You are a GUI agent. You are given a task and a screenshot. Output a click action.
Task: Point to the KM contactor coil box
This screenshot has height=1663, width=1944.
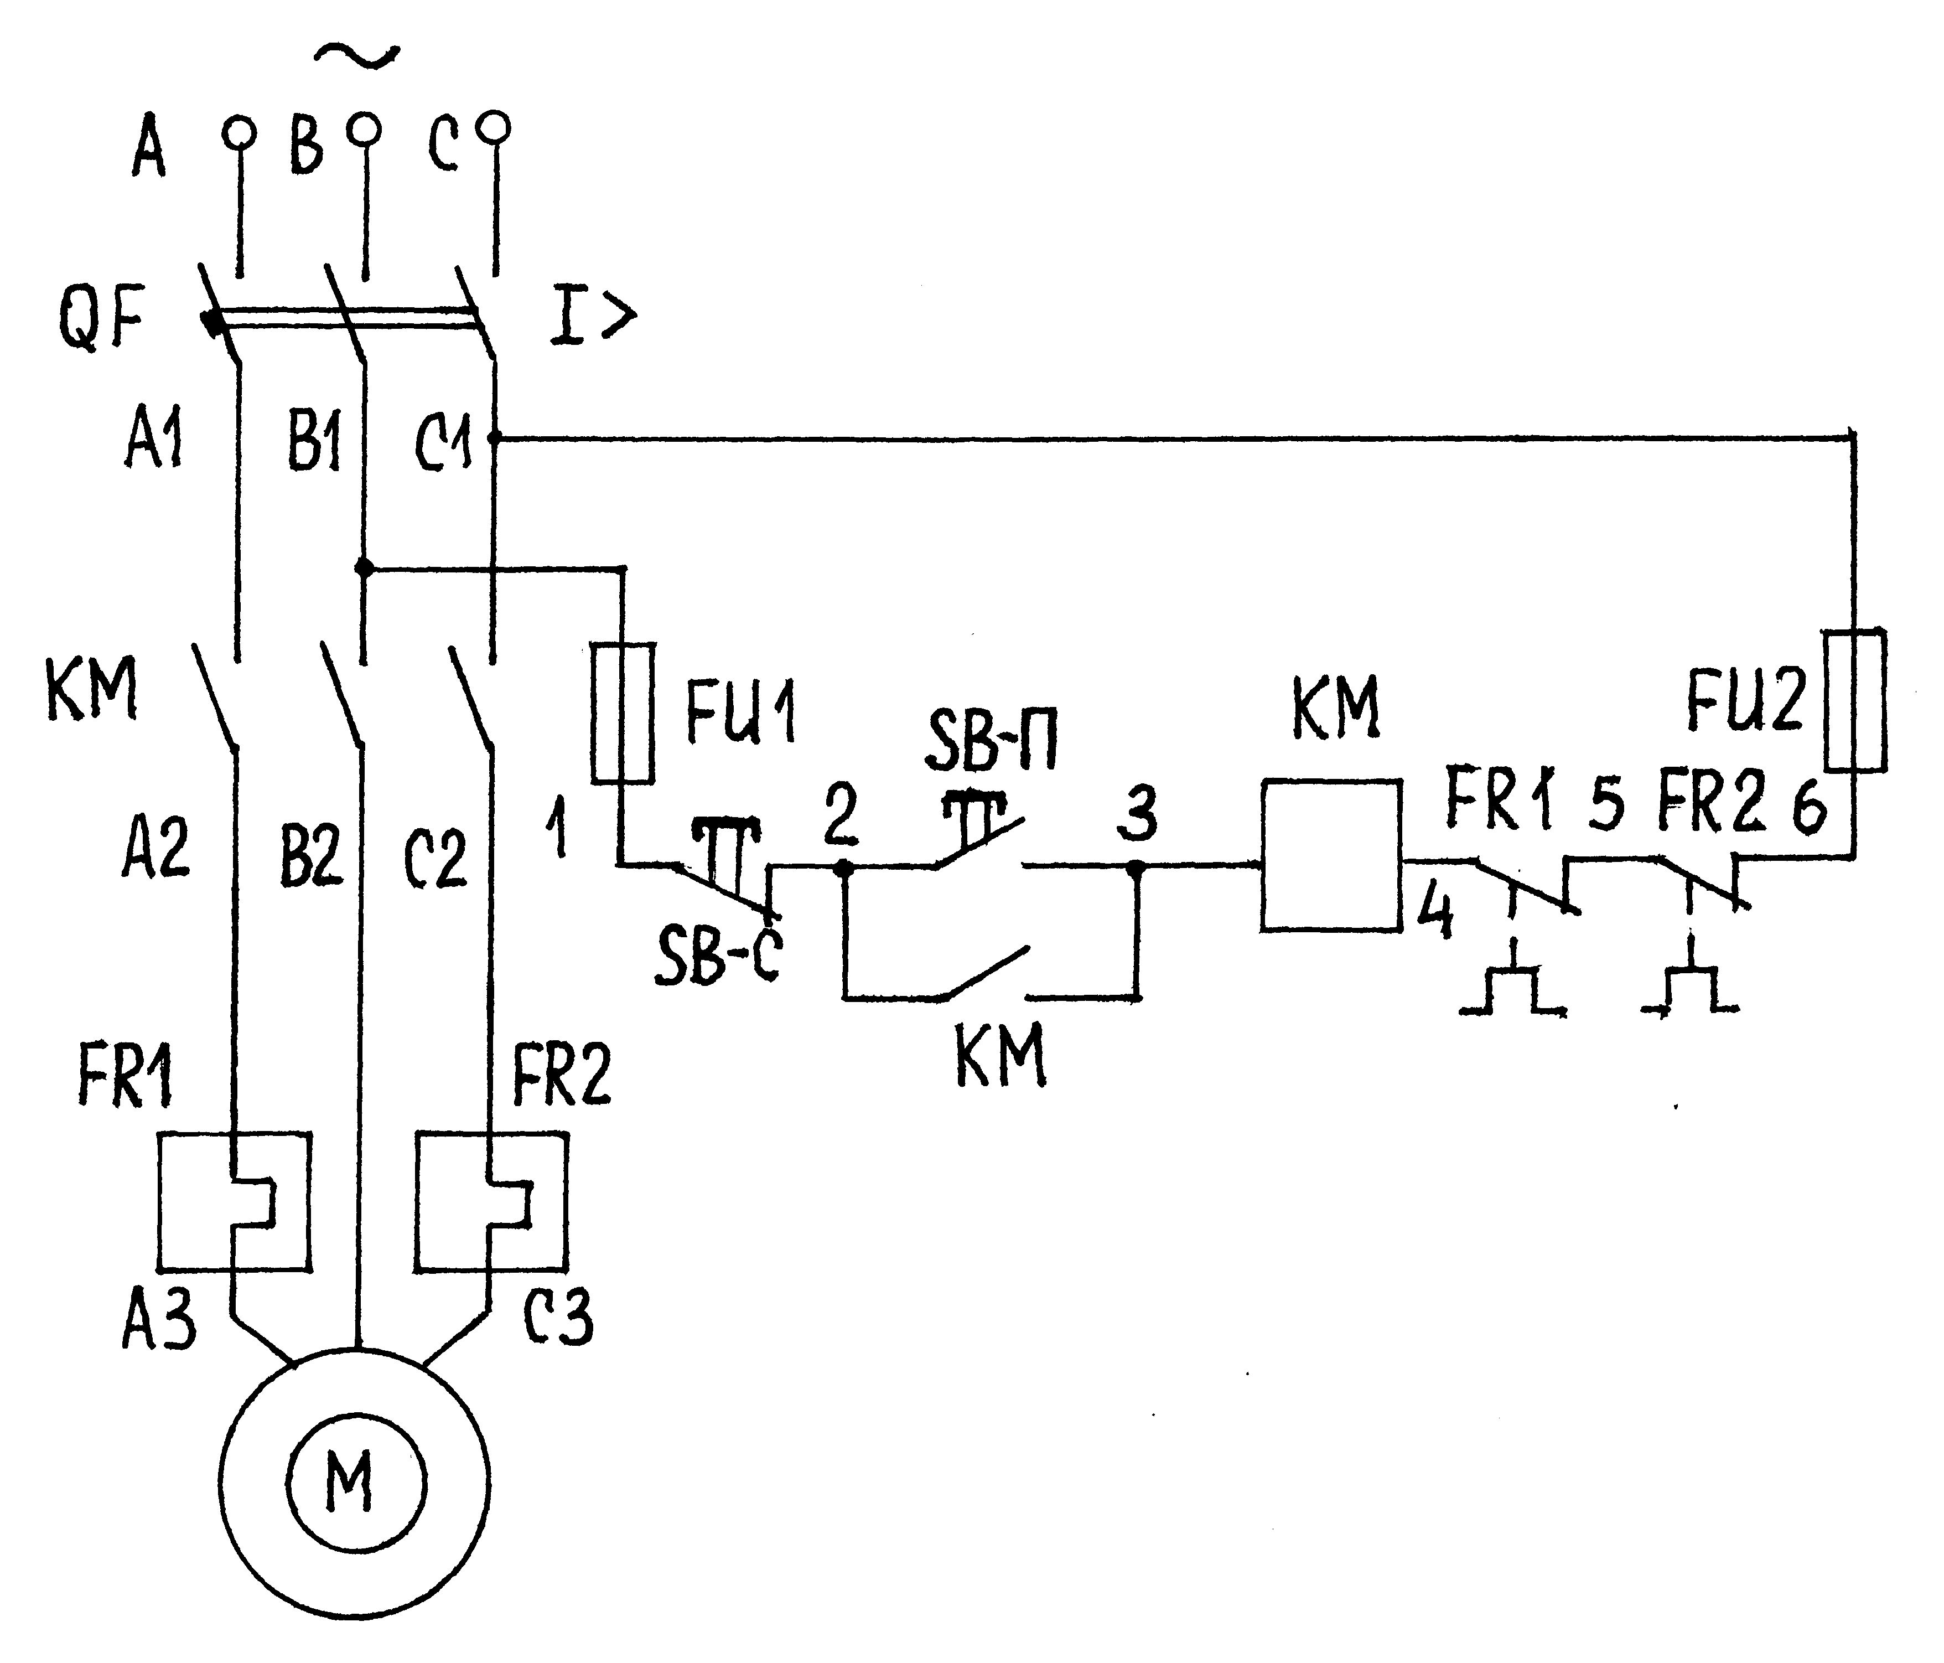(x=1331, y=855)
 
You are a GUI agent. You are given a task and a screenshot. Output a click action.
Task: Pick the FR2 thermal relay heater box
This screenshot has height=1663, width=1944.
(x=491, y=1201)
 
